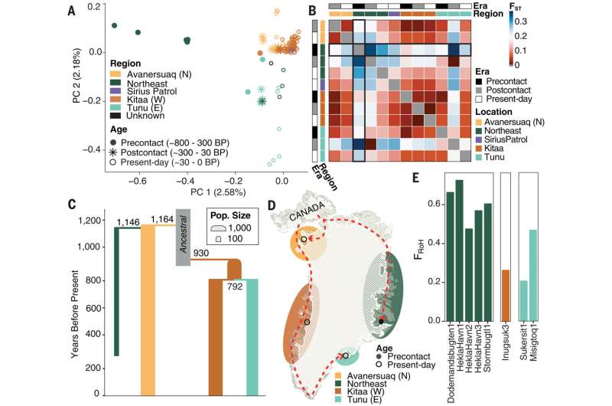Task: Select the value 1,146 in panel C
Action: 129,222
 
